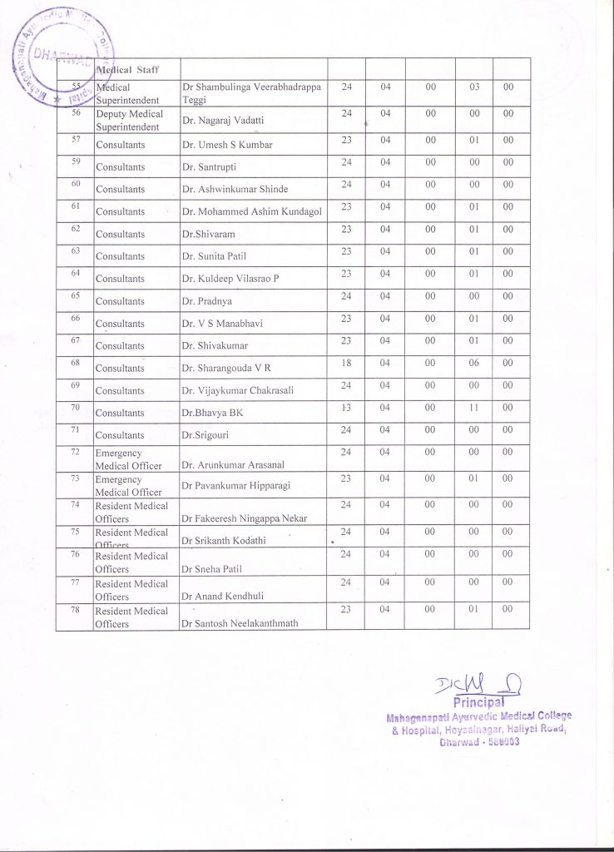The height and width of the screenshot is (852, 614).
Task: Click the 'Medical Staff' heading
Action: [x=128, y=69]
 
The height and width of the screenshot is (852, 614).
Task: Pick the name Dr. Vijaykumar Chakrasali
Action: [x=237, y=391]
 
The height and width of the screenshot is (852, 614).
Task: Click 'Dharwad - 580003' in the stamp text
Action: [x=479, y=743]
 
